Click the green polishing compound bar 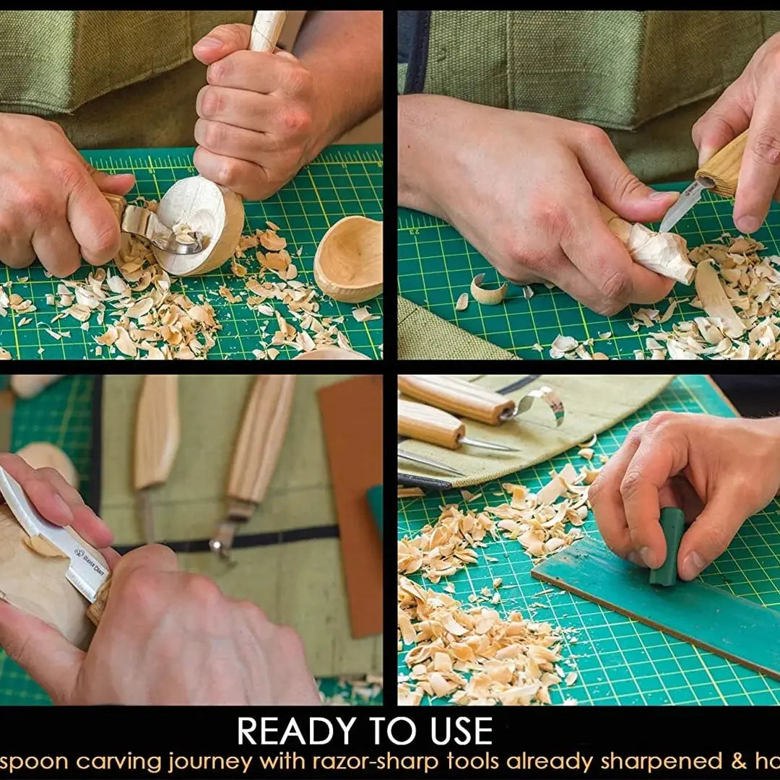(668, 545)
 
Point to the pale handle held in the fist (267, 29)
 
